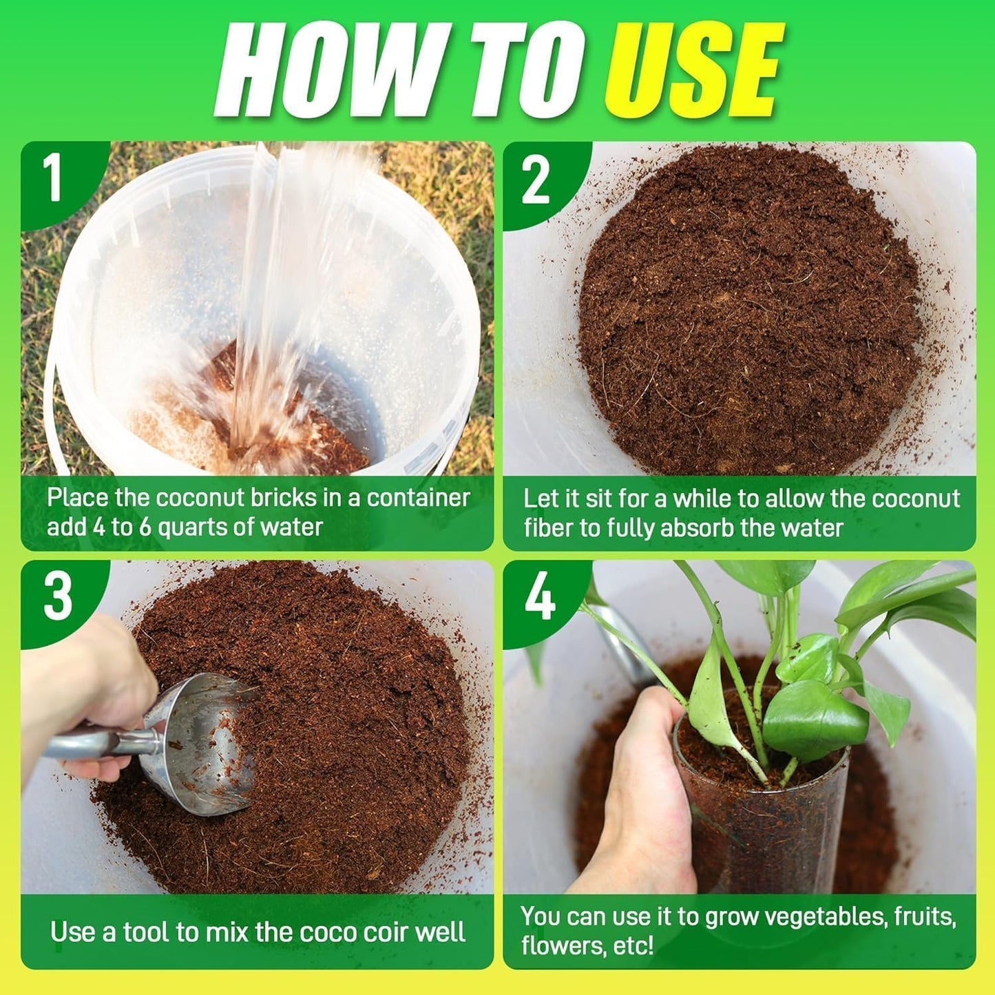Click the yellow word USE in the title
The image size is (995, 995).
[x=694, y=70]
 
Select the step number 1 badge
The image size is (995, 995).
[x=54, y=178]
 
